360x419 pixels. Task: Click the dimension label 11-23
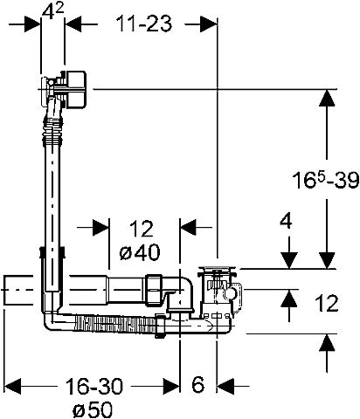[144, 24]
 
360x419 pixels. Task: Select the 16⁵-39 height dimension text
[326, 180]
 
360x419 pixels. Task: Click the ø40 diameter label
[140, 251]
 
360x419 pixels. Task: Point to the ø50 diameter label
[93, 409]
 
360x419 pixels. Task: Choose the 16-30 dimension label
[94, 387]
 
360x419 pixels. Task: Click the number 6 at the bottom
[198, 385]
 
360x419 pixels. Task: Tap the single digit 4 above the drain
[286, 222]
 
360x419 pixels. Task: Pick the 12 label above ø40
[141, 229]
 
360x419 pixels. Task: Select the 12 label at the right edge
[327, 303]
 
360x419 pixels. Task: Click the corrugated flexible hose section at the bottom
[115, 324]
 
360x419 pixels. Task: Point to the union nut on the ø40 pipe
[154, 290]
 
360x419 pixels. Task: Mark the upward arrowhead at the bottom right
[328, 344]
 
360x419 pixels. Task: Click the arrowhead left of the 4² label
[32, 24]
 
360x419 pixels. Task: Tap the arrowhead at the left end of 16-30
[14, 387]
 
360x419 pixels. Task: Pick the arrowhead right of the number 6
[226, 387]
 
